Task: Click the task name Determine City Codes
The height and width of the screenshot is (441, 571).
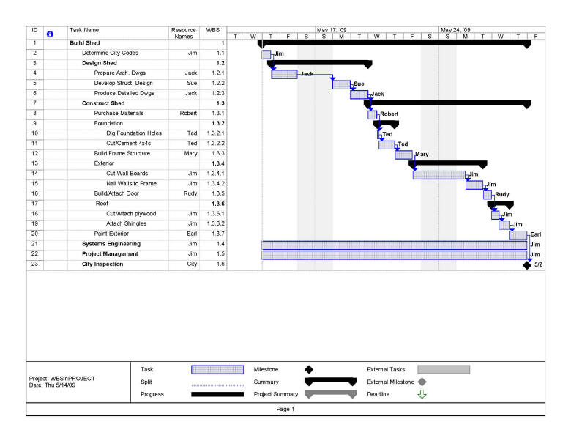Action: point(109,53)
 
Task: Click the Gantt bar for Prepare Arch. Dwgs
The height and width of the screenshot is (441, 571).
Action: point(284,74)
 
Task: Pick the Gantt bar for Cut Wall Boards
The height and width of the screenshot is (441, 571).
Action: point(438,174)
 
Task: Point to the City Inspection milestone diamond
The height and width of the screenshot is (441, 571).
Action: point(527,264)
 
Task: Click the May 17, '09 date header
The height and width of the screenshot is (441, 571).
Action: point(332,30)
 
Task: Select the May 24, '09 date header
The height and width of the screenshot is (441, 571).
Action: point(455,30)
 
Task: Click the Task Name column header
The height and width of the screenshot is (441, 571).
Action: point(84,30)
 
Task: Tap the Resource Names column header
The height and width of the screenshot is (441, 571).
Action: point(183,33)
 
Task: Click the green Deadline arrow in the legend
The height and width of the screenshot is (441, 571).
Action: point(422,394)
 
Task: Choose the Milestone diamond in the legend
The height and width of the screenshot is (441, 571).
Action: point(308,370)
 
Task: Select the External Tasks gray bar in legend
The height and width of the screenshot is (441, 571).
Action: point(443,370)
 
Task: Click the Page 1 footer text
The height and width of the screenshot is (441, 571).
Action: point(285,409)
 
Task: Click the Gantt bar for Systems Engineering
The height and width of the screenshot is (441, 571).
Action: point(394,245)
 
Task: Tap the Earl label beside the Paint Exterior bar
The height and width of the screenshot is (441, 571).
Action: point(536,234)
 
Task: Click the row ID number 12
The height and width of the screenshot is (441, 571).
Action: point(34,154)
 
